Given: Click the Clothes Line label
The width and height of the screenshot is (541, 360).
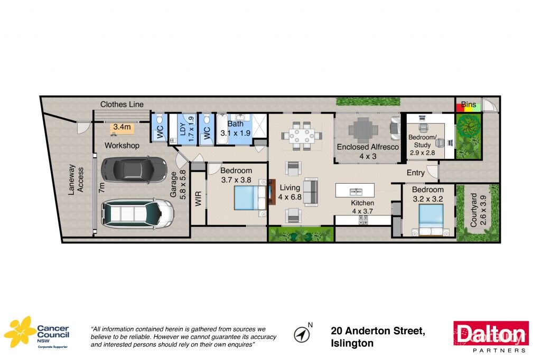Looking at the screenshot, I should [x=122, y=105].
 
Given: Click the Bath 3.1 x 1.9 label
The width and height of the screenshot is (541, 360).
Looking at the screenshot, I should [x=236, y=129].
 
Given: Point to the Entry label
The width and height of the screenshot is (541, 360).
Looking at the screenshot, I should [x=415, y=173].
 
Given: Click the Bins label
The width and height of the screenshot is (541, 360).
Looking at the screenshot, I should [x=468, y=105].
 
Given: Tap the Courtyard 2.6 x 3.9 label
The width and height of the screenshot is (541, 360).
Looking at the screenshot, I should [x=477, y=210].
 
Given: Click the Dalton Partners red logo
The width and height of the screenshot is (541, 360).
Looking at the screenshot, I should [x=491, y=336].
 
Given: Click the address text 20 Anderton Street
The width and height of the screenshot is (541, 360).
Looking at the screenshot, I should [x=378, y=331].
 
